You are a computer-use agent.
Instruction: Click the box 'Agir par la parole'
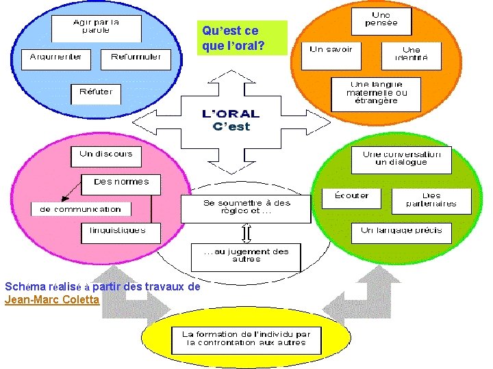[x=97, y=27]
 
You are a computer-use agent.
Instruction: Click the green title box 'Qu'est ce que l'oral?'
[x=243, y=38]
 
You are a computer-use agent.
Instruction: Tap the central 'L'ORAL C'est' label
[x=231, y=120]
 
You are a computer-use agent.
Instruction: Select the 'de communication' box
[x=81, y=209]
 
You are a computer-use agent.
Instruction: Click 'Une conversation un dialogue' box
[x=402, y=159]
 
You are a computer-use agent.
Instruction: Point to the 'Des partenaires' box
[x=432, y=200]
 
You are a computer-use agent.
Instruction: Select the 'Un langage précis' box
[x=401, y=232]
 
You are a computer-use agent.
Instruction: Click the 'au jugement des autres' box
[x=245, y=256]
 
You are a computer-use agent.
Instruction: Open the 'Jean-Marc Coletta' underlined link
[x=52, y=299]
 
